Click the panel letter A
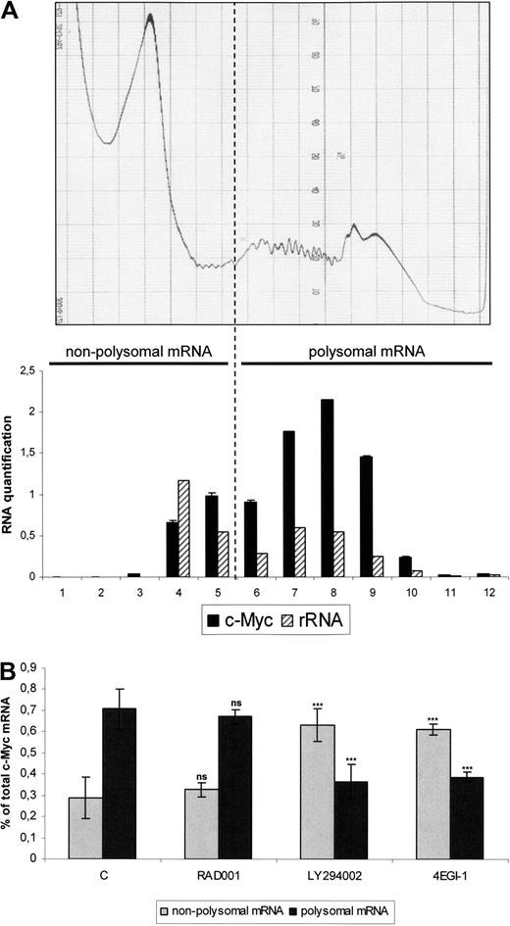pyautogui.click(x=11, y=11)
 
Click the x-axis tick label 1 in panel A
pyautogui.click(x=60, y=592)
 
